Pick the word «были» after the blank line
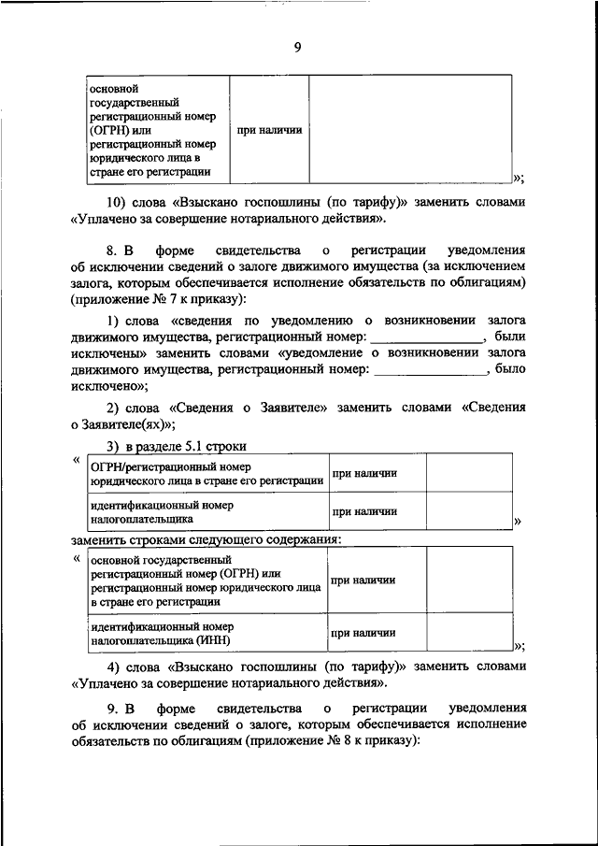coord(510,337)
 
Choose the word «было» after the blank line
coord(510,369)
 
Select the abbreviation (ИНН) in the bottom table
coord(210,640)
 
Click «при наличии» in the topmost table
coord(268,130)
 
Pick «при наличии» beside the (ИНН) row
coord(363,633)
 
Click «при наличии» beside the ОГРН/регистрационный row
coord(364,473)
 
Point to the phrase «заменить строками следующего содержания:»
coord(206,539)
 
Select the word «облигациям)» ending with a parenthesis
coord(487,282)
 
